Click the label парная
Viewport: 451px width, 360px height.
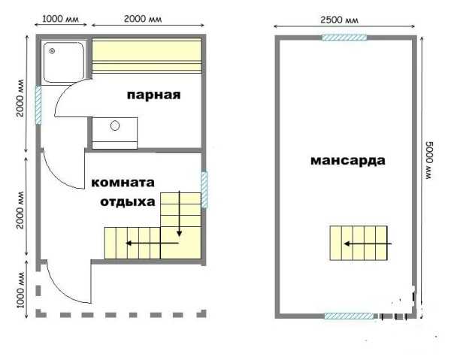coord(153,95)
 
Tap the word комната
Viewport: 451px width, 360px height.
coord(123,183)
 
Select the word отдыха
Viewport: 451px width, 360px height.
coord(128,202)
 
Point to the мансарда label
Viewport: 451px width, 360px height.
coord(348,161)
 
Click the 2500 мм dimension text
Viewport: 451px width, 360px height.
coord(340,20)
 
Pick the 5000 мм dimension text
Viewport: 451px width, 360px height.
coord(429,160)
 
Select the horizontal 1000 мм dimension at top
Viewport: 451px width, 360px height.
coord(60,19)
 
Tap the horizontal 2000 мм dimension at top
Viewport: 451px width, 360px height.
coord(143,19)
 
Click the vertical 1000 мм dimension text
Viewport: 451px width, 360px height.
coord(20,289)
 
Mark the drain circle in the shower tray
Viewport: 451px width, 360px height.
coord(52,51)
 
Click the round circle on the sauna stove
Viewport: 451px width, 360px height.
coord(115,126)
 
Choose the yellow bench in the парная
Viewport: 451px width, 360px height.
coord(147,56)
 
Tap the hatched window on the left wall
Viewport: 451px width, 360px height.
coord(38,105)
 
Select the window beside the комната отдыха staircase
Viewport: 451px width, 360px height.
coord(204,190)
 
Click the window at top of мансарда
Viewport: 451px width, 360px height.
coord(344,38)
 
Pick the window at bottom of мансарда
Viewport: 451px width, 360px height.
coord(349,316)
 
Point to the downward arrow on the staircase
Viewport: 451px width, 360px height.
coord(180,213)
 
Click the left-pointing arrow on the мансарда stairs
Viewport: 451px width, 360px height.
coord(368,244)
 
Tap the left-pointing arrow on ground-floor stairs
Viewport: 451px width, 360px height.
coord(153,244)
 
